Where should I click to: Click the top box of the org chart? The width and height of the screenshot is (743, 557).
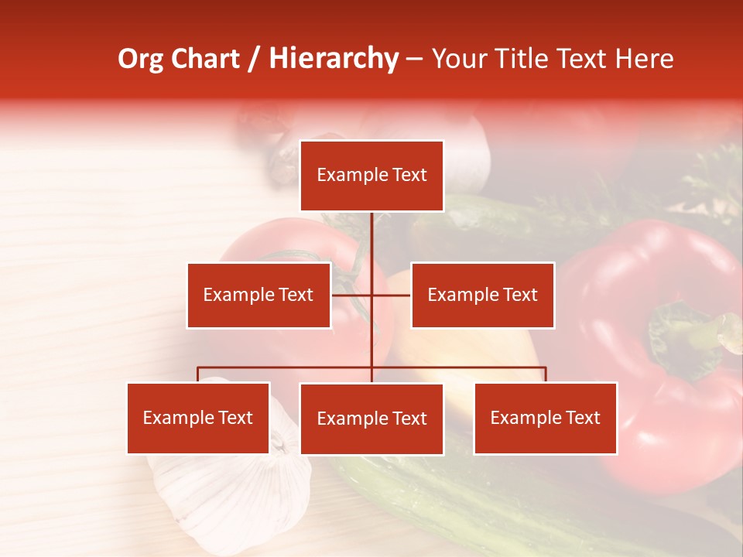pyautogui.click(x=371, y=176)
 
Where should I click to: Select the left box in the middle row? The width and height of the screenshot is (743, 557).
pyautogui.click(x=259, y=295)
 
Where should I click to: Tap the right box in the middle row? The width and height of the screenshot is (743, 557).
pyautogui.click(x=482, y=295)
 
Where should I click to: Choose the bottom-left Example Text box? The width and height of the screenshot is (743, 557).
pyautogui.click(x=198, y=418)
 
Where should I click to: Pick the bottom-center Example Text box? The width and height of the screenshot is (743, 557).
pyautogui.click(x=371, y=419)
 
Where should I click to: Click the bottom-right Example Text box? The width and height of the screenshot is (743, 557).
pyautogui.click(x=545, y=418)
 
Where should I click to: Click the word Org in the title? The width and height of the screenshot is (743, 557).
pyautogui.click(x=140, y=59)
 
